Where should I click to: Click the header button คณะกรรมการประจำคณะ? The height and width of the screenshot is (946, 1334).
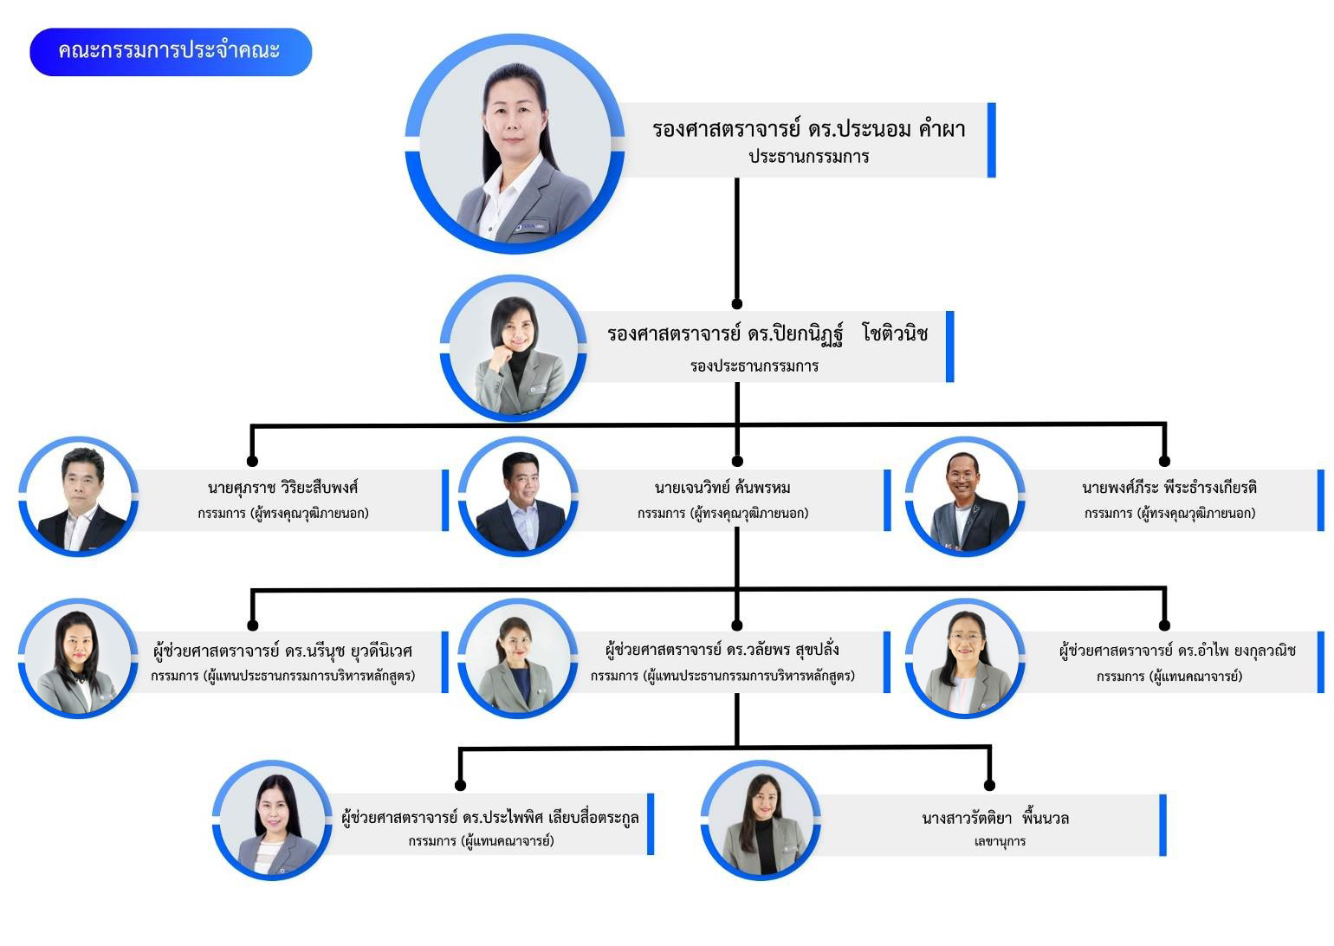coord(170,51)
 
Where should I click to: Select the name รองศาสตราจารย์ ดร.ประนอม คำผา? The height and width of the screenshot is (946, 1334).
coord(808,130)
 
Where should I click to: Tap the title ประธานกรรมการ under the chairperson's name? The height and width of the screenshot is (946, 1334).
coord(808,157)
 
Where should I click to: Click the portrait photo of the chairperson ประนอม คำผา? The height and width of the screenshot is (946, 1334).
coord(515,145)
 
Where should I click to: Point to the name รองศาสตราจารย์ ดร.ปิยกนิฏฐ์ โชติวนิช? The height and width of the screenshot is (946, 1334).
coord(767,334)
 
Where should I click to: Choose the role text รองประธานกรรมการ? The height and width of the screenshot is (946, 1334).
coord(754,366)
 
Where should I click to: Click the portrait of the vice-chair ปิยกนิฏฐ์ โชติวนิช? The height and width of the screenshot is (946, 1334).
coord(514,349)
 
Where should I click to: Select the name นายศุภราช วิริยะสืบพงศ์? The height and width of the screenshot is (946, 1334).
coord(282,488)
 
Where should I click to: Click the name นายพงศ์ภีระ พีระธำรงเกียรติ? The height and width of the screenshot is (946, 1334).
coord(1169,488)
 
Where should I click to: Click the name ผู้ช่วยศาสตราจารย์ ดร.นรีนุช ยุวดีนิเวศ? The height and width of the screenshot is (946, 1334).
coord(282,651)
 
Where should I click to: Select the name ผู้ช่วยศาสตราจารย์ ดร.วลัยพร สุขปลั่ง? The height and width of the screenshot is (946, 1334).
coord(722,650)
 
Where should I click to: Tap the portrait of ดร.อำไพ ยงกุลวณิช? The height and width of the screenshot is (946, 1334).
coord(965,659)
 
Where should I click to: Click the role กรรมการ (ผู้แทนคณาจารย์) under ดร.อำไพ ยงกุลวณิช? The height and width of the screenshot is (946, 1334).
coord(1169,677)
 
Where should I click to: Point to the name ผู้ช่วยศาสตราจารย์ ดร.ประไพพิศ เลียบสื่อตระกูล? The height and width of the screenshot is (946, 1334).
coord(490,818)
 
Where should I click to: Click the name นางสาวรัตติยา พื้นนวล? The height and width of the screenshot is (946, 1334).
coord(994,818)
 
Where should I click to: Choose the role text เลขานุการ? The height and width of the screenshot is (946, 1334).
coord(1000,841)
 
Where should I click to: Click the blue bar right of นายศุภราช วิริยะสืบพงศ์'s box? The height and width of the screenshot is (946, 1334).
coord(445,500)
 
